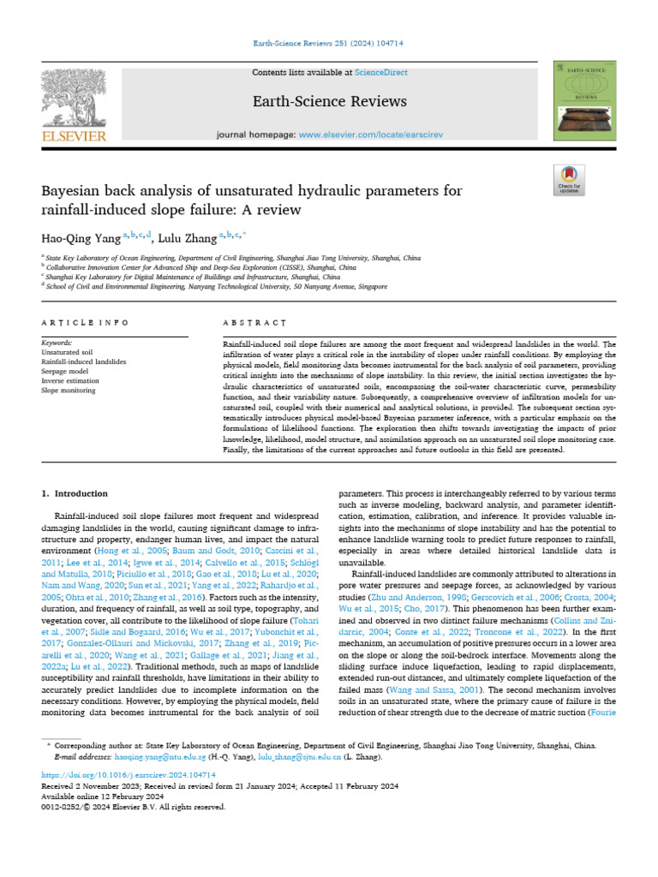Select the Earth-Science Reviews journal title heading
click(329, 102)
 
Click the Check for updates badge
click(569, 178)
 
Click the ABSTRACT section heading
click(254, 323)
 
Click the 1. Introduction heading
click(75, 493)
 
